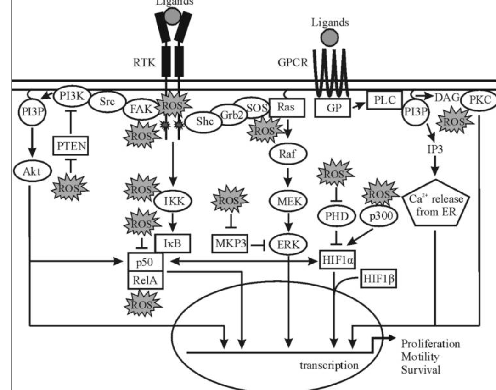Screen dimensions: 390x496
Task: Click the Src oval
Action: coord(107,102)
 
